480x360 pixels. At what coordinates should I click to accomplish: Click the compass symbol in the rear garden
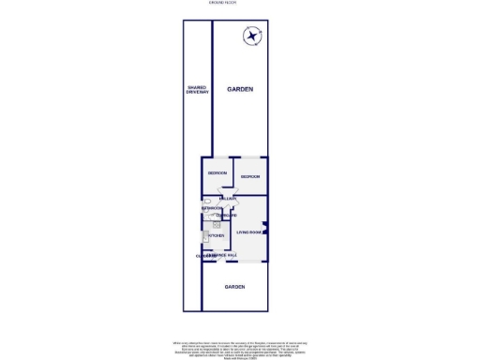coord(252,37)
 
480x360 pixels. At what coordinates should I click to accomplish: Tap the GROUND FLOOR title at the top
coord(222,4)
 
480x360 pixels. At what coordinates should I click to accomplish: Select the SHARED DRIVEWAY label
coord(196,90)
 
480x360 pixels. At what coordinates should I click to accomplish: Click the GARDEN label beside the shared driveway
coord(239,89)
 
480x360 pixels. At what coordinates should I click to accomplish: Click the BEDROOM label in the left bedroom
coord(217,173)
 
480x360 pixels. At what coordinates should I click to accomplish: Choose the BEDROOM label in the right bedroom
coord(249,177)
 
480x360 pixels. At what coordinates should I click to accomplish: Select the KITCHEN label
coord(216,236)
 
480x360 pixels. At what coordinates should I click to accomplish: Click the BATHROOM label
coord(212,208)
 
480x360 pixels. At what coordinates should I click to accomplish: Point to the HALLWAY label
coord(227,199)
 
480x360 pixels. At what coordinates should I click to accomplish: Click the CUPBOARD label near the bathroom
coord(226,217)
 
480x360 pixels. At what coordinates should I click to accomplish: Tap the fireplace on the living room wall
coord(266,227)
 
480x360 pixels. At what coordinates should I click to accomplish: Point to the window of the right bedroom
coord(250,157)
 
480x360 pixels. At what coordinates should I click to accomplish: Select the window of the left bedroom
coord(217,157)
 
